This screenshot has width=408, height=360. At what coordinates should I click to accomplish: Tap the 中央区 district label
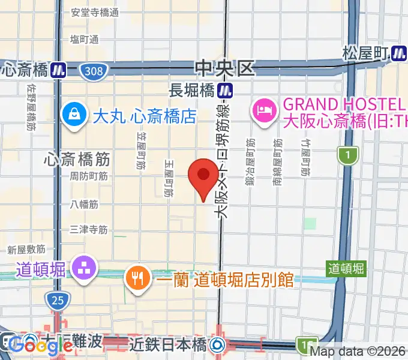(x=226, y=68)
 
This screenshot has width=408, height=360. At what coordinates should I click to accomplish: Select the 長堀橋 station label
(x=191, y=91)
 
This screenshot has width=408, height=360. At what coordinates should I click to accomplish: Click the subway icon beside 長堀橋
(x=226, y=91)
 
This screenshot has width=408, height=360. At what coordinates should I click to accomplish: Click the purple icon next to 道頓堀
(x=83, y=267)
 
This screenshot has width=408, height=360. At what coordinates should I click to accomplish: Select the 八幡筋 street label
(x=84, y=204)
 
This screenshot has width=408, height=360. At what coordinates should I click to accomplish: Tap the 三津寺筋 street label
(x=88, y=229)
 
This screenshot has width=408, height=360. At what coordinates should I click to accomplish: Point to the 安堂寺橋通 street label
(x=95, y=12)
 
